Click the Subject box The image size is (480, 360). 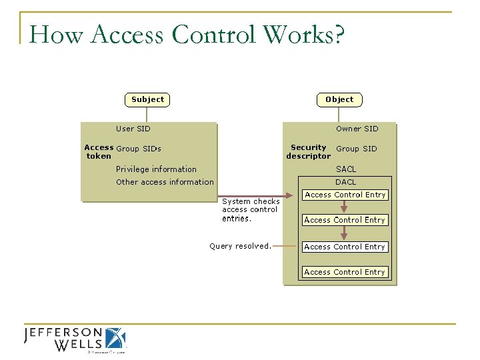pyautogui.click(x=147, y=100)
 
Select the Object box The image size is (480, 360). pyautogui.click(x=339, y=100)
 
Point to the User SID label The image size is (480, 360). pyautogui.click(x=133, y=129)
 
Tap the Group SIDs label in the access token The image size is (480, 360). pyautogui.click(x=139, y=149)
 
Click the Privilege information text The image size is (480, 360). pyautogui.click(x=156, y=169)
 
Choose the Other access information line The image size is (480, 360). pyautogui.click(x=165, y=182)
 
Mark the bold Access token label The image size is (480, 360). pyautogui.click(x=99, y=152)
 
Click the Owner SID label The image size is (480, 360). pyautogui.click(x=357, y=129)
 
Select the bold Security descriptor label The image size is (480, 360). pyautogui.click(x=308, y=152)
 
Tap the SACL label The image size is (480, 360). pyautogui.click(x=346, y=169)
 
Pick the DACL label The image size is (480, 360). pyautogui.click(x=345, y=182)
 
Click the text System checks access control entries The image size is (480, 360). pyautogui.click(x=251, y=209)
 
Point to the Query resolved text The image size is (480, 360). pyautogui.click(x=240, y=246)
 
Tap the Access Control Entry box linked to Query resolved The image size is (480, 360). pyautogui.click(x=345, y=247)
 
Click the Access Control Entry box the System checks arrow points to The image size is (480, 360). pyautogui.click(x=345, y=195)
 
